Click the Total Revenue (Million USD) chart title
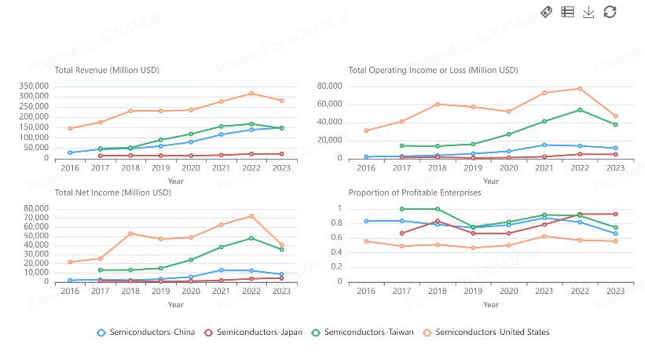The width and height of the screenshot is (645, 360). coord(107,70)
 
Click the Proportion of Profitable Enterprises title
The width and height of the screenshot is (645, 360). coord(414,192)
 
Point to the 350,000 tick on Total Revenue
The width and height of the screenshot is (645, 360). coord(32,86)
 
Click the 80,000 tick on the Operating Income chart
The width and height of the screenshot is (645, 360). coord(330,86)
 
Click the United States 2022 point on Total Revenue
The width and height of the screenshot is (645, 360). coord(251,94)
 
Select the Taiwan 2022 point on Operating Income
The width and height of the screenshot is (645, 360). coord(580,110)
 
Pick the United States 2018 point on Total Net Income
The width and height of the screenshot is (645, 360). coord(130,233)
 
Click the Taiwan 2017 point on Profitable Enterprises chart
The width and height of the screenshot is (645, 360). coord(401,209)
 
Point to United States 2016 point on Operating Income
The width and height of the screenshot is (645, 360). coord(365,130)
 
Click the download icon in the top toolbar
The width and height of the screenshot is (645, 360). coord(588,12)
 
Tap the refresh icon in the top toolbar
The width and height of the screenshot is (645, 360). coord(610,12)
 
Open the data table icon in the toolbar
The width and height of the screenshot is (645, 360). coord(567,12)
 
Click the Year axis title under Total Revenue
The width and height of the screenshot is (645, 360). coord(176,181)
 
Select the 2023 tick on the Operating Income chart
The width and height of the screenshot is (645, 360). coord(615,168)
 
